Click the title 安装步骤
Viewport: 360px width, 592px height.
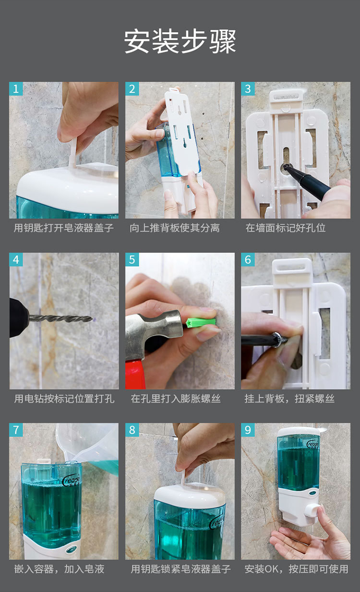click(180, 41)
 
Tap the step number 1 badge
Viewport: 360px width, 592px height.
click(16, 89)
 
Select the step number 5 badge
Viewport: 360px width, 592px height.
click(132, 260)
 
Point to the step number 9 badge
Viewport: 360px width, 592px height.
click(248, 430)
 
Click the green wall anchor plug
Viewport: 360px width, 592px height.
click(201, 323)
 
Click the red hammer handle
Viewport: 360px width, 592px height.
click(135, 375)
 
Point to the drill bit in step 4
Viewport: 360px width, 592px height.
click(61, 319)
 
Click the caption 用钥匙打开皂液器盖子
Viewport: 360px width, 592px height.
click(64, 228)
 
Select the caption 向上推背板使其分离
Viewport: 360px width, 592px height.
click(175, 228)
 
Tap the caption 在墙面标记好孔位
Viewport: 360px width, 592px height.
click(286, 228)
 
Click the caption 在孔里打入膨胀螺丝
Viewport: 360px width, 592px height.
click(176, 399)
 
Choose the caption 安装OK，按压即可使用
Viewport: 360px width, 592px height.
click(296, 569)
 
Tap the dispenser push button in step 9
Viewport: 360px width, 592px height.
click(312, 510)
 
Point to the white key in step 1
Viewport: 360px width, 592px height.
click(72, 154)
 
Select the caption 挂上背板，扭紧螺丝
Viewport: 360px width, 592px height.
click(289, 399)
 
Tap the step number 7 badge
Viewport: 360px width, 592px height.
click(16, 430)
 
